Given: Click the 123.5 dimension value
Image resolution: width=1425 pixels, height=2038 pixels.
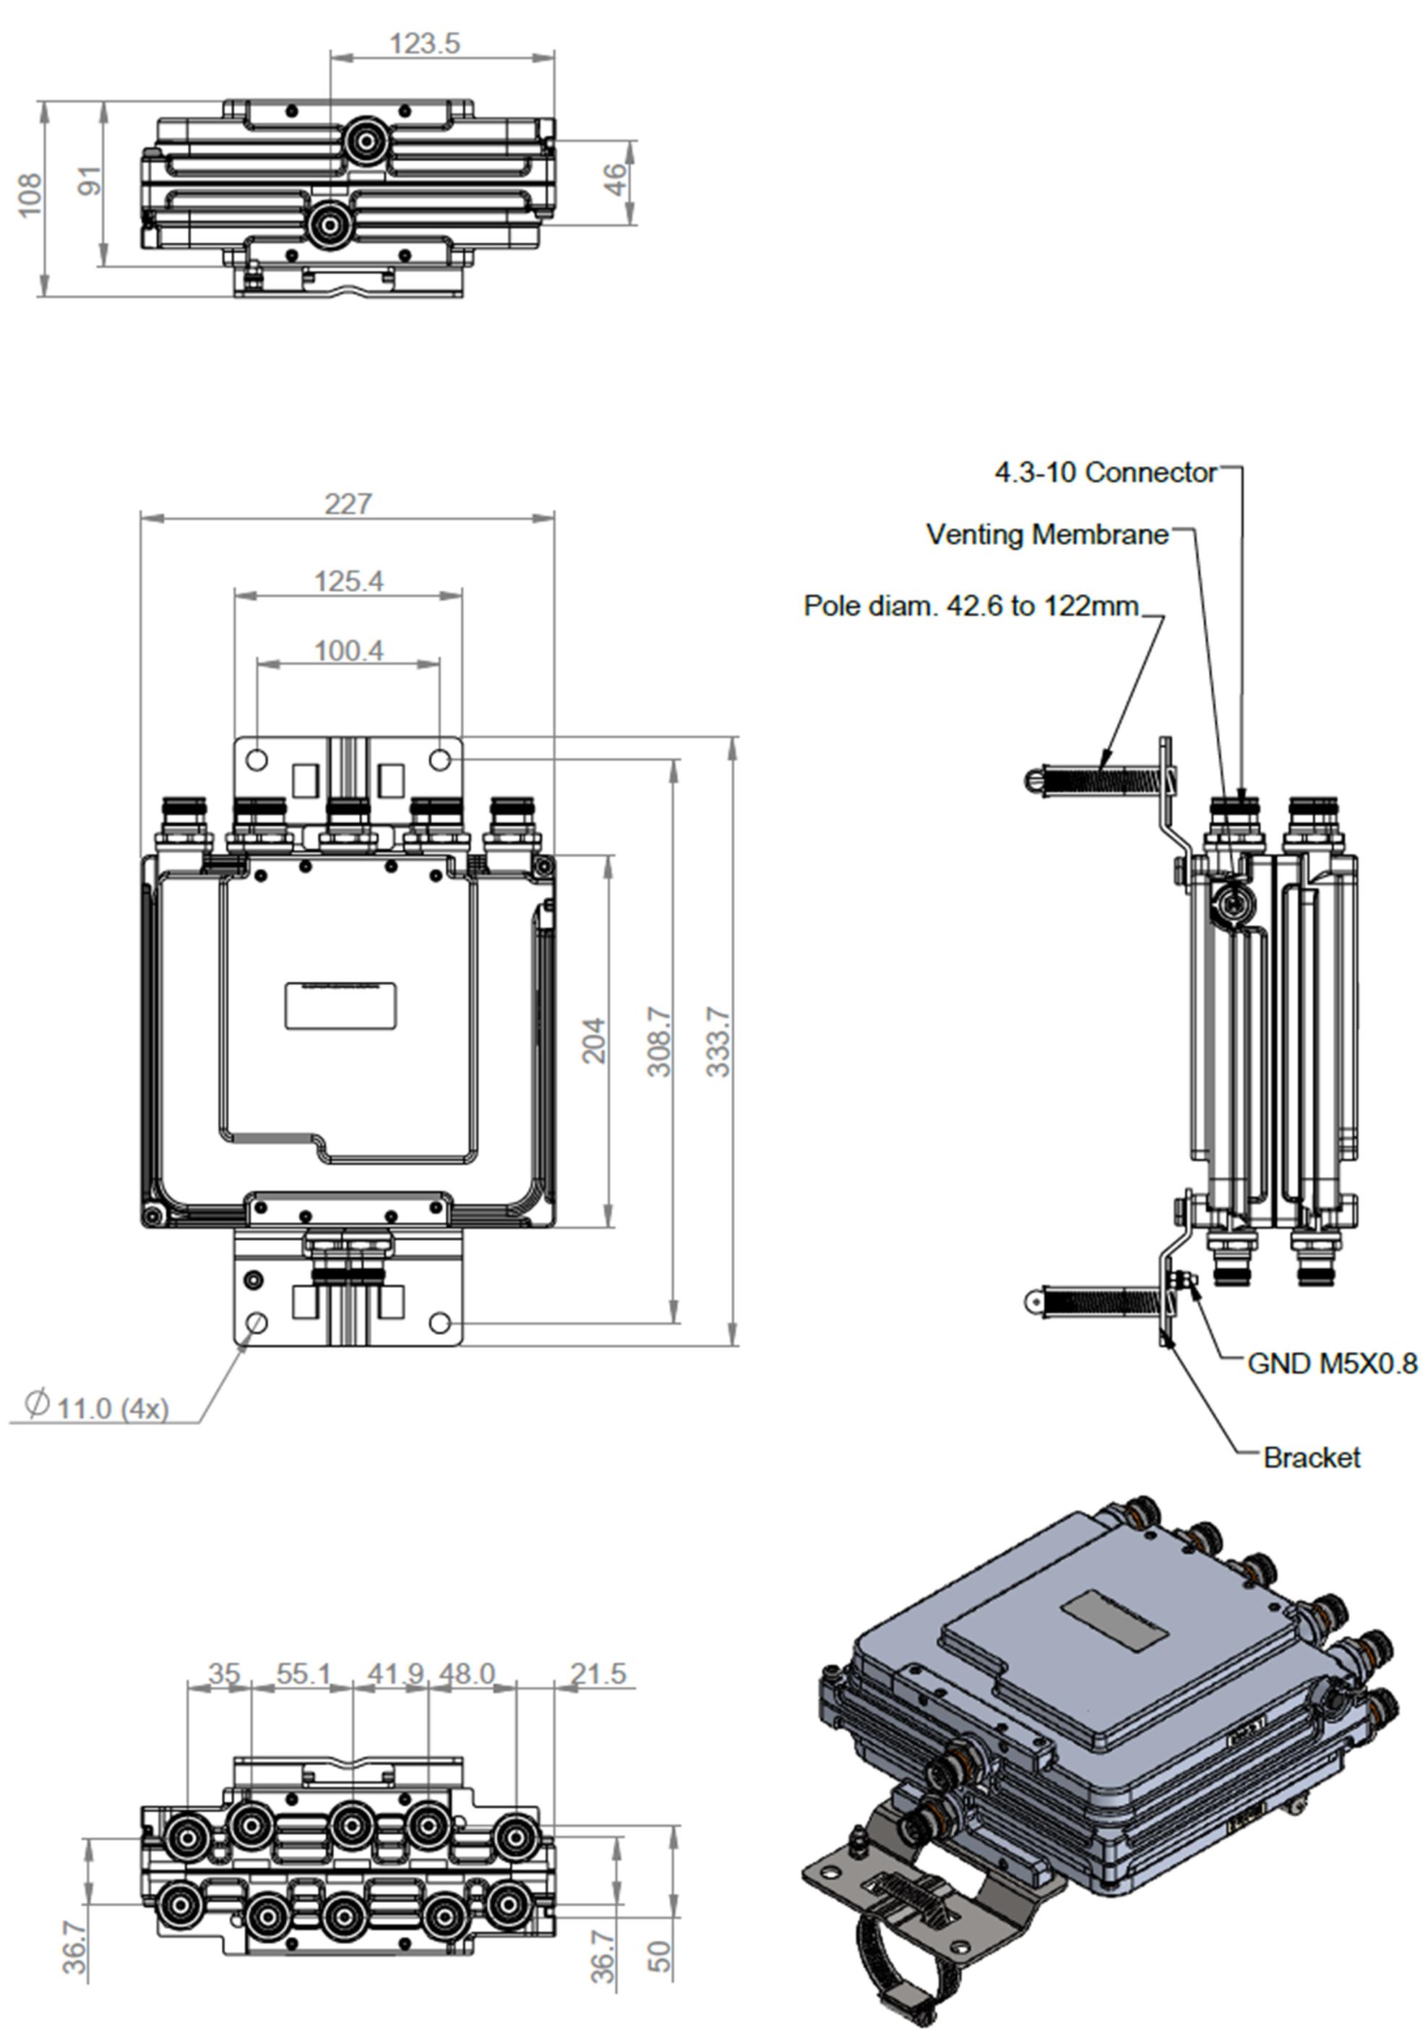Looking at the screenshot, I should (x=424, y=43).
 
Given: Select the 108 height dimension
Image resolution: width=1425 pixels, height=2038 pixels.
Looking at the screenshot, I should (x=30, y=194).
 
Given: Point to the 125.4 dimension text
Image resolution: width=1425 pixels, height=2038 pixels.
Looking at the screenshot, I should (x=349, y=581).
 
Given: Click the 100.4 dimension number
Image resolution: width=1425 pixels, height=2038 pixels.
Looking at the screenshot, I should (x=349, y=650).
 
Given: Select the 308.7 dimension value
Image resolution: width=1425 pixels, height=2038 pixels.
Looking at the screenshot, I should (x=659, y=1041).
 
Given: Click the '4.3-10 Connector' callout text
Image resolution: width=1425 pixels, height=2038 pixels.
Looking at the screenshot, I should (x=1105, y=472).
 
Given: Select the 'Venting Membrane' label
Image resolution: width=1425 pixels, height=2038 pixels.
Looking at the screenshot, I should (x=1047, y=534).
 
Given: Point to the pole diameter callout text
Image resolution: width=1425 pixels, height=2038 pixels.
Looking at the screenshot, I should (x=970, y=606).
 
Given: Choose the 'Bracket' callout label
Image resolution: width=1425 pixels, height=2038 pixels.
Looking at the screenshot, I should (x=1311, y=1458).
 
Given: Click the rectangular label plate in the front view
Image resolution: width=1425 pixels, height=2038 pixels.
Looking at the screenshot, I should (x=340, y=1006).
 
